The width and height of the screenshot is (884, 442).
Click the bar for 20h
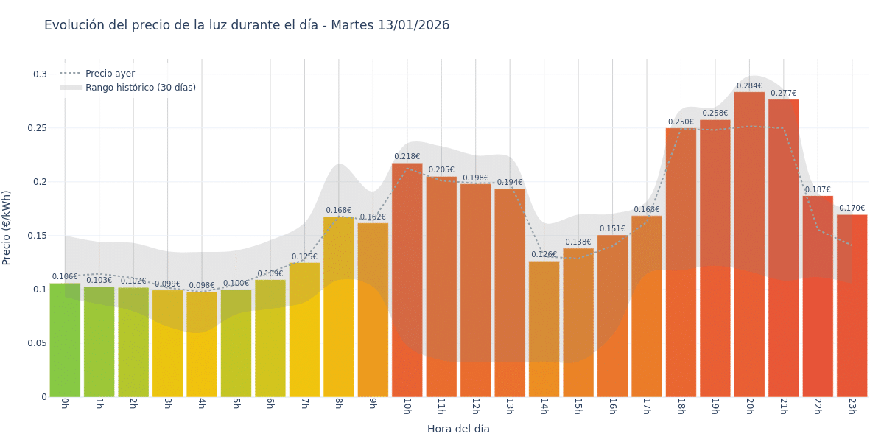click(749, 243)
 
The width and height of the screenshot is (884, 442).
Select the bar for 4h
click(202, 344)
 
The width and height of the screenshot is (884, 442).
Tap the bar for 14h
click(544, 329)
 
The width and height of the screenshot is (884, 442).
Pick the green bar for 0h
click(65, 340)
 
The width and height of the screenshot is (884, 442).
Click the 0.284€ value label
click(749, 86)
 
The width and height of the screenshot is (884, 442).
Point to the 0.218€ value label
click(407, 157)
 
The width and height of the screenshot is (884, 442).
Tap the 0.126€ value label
click(544, 255)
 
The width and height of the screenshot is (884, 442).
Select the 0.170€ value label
click(852, 208)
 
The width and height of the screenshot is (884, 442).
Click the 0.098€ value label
click(202, 286)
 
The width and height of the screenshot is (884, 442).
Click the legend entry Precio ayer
click(110, 74)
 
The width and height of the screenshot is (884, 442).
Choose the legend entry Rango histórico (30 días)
click(140, 88)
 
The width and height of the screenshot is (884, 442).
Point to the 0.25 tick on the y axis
click(38, 128)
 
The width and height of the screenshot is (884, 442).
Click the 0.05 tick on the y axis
click(38, 343)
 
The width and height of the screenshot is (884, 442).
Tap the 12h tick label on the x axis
click(475, 407)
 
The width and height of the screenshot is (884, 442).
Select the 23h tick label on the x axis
click(852, 407)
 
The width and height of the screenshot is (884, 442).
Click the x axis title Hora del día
click(458, 429)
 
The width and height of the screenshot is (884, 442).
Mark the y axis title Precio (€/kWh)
click(7, 228)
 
